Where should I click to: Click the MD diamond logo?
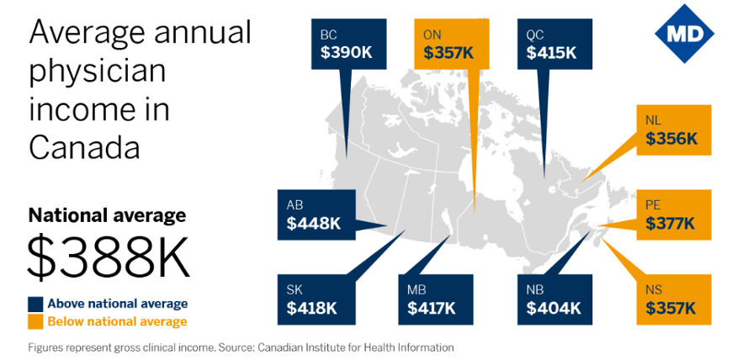(x=684, y=34)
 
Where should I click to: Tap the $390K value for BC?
(x=347, y=52)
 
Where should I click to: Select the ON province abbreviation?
(x=432, y=35)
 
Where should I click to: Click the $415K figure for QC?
(x=552, y=52)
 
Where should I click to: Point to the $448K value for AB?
(x=314, y=223)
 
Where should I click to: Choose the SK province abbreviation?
(x=294, y=290)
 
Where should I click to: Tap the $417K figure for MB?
(x=432, y=308)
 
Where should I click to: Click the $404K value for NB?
(x=554, y=308)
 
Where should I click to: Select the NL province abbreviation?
(x=654, y=120)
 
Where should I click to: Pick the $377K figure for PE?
(x=671, y=223)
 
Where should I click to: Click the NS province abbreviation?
(x=654, y=290)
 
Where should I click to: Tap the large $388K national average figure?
(x=109, y=259)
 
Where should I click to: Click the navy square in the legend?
(x=36, y=304)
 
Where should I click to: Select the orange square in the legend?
(x=36, y=321)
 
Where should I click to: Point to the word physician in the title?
(x=98, y=72)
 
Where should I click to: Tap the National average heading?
(x=108, y=215)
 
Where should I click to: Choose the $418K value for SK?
(x=312, y=308)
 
